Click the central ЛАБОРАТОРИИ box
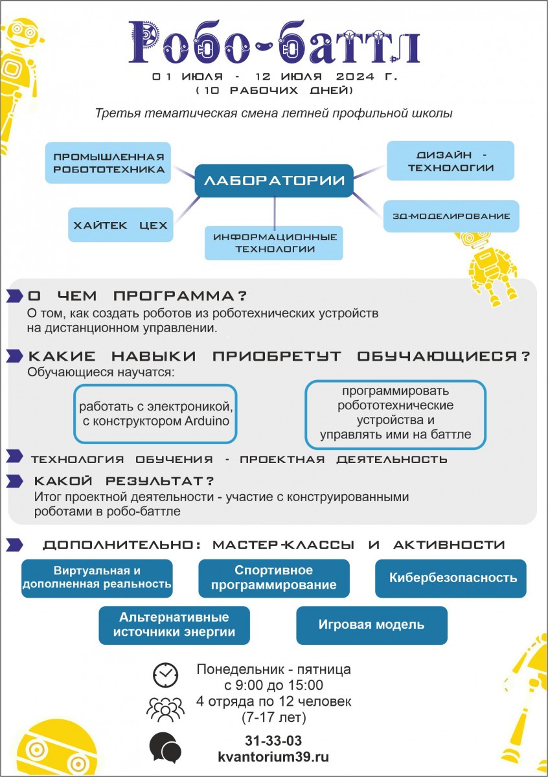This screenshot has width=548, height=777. (274, 181)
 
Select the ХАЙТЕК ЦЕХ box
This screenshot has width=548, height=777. (120, 225)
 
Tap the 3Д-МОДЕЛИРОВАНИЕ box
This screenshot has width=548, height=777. (451, 216)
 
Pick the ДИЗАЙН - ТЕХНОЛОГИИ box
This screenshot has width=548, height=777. (450, 161)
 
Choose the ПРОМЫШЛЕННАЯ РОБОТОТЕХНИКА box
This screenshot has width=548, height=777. (108, 163)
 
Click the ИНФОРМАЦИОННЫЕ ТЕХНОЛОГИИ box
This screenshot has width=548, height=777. (274, 243)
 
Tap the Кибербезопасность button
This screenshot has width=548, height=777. (451, 578)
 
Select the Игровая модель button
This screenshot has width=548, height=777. (372, 625)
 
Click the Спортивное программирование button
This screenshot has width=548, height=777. (274, 578)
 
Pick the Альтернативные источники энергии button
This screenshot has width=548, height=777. (174, 625)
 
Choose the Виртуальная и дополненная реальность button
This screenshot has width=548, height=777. (97, 578)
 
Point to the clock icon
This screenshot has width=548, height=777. (165, 675)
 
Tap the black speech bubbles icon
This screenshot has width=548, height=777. (165, 747)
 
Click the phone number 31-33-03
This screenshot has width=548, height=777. (273, 741)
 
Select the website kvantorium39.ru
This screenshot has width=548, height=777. (273, 756)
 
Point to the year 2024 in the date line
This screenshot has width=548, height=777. (355, 76)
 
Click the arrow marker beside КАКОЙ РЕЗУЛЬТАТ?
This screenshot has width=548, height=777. (15, 481)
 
